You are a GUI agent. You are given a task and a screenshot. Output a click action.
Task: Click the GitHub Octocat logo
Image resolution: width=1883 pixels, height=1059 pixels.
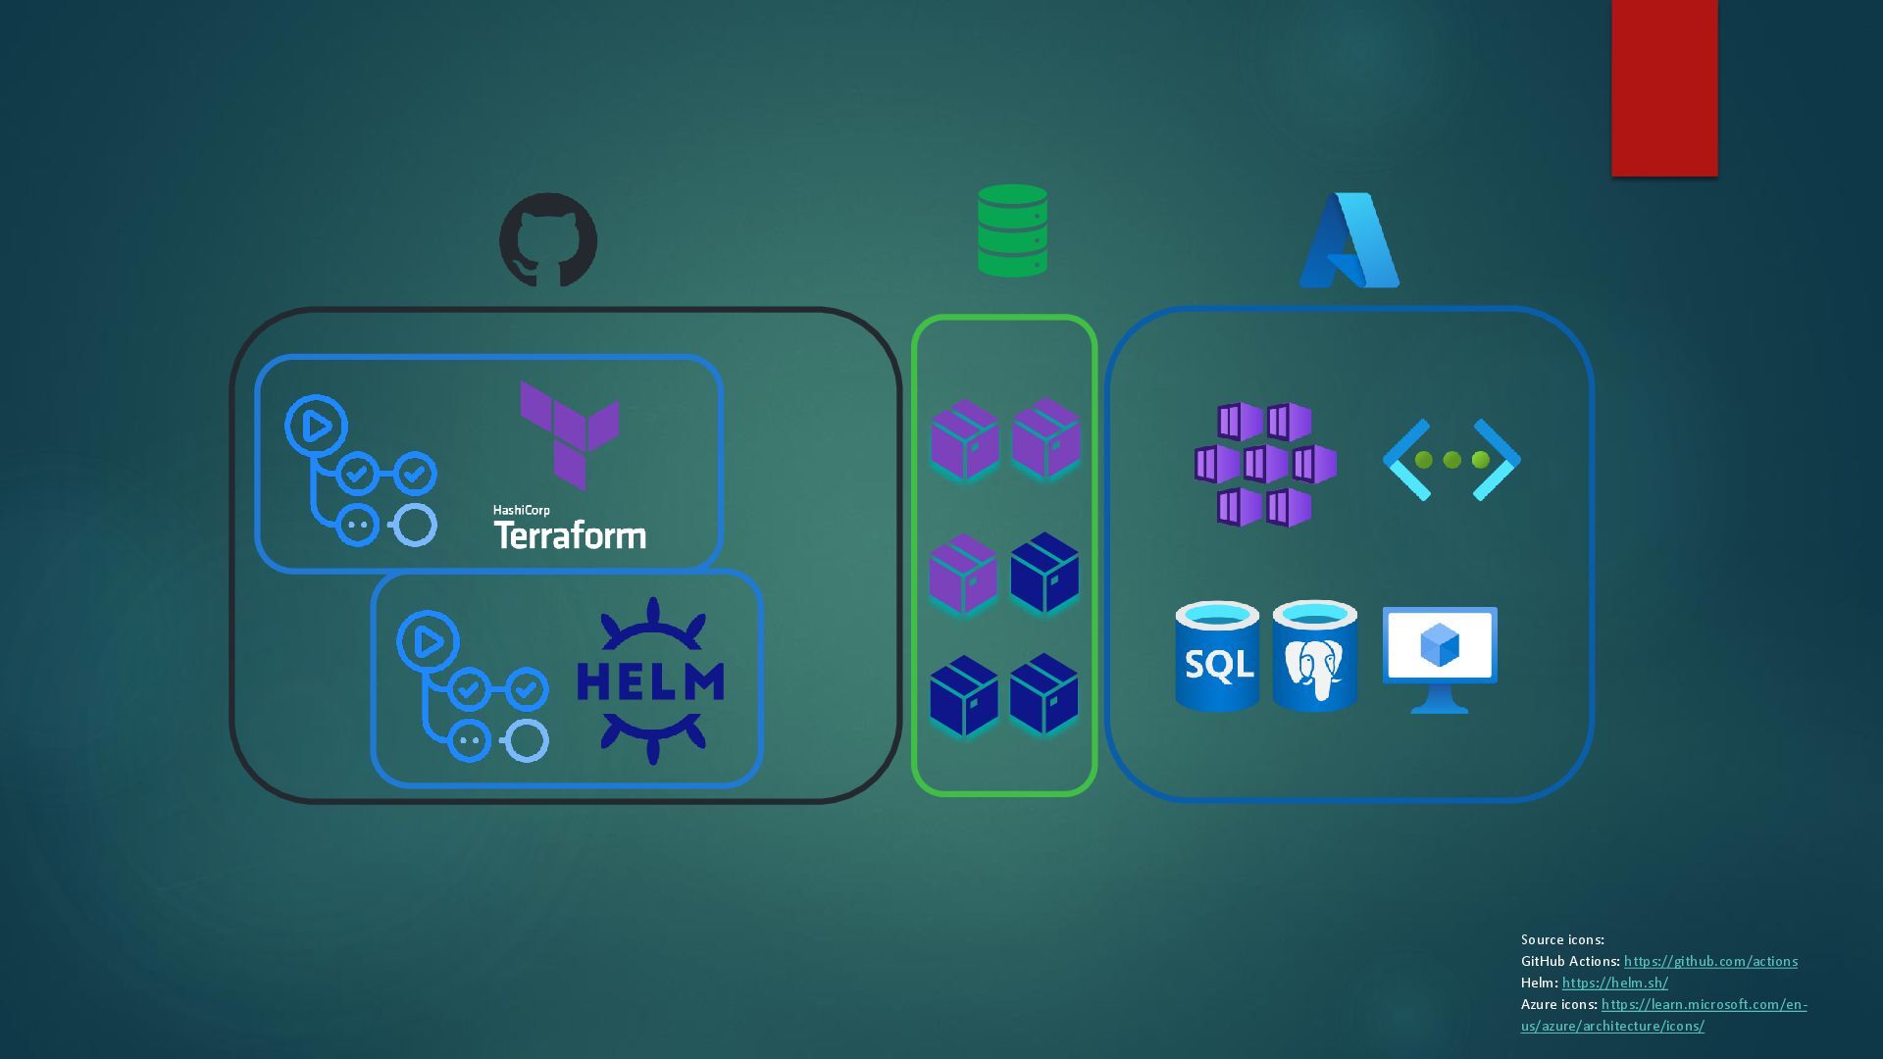coord(548,240)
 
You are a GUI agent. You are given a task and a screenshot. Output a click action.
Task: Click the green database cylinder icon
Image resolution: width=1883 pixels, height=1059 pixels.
coord(1012,230)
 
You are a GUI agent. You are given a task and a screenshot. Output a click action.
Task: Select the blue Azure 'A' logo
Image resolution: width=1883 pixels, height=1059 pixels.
coord(1349,240)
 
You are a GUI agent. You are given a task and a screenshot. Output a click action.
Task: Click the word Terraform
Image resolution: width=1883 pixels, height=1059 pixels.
coord(570,535)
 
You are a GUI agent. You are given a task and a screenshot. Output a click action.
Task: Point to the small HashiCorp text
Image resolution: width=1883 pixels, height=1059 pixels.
coord(522,510)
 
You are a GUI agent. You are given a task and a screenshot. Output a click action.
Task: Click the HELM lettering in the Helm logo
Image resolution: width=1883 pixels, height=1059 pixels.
coord(650,681)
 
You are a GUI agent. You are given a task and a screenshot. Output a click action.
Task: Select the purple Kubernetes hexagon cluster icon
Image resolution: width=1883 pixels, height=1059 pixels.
coord(1265,464)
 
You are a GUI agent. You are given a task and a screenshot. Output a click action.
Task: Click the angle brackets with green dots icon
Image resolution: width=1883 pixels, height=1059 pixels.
coord(1451,460)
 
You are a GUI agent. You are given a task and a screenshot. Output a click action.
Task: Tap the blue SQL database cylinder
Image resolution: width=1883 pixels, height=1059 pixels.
coord(1217,656)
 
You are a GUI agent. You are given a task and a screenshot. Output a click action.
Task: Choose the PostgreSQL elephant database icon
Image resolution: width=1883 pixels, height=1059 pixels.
coord(1314,656)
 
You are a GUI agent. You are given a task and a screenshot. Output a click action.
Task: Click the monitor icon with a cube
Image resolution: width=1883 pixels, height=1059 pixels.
coord(1440,658)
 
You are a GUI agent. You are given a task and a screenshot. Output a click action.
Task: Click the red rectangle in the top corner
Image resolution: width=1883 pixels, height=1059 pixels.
coord(1664,87)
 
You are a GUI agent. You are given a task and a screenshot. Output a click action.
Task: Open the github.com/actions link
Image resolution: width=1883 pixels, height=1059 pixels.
coord(1710,961)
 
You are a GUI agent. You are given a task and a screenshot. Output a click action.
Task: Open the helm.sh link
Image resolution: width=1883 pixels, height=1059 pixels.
coord(1614,983)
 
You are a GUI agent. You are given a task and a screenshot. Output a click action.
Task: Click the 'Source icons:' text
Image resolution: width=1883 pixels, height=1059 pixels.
coord(1562,939)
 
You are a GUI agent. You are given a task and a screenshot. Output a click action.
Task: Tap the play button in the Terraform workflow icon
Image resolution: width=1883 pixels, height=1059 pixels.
coord(316,427)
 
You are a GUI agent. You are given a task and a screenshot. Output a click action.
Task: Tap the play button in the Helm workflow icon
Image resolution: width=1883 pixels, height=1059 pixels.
coord(428,642)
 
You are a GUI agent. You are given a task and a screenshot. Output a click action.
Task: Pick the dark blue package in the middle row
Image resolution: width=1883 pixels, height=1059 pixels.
coord(1044,573)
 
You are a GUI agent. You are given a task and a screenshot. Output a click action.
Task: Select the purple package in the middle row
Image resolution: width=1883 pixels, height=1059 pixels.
coord(963,574)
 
